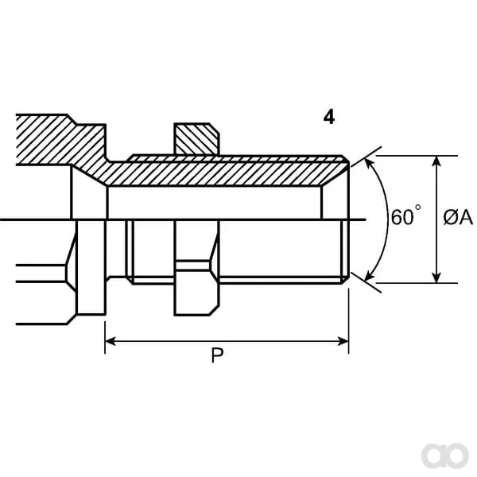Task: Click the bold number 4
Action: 329,117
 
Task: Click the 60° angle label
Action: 405,215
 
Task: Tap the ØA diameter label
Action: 458,217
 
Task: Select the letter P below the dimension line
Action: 217,355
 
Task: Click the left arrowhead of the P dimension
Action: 111,341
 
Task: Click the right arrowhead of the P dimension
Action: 343,341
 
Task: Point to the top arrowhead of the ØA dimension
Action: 436,161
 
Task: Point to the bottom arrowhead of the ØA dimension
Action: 436,277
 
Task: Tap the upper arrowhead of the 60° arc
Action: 369,164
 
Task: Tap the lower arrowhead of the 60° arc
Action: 369,275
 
